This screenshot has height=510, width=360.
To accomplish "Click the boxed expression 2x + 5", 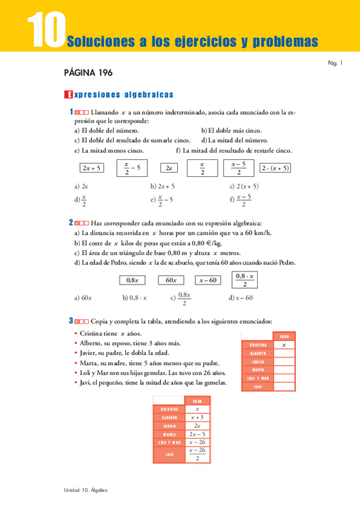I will (92, 168).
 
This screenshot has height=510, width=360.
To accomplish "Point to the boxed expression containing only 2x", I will (169, 168).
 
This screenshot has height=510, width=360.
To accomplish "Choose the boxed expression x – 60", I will (208, 280).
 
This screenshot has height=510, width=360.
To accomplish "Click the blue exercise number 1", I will (71, 112).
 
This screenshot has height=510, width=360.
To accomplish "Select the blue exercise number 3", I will (71, 321).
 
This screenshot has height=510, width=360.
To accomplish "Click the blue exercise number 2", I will (71, 223).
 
